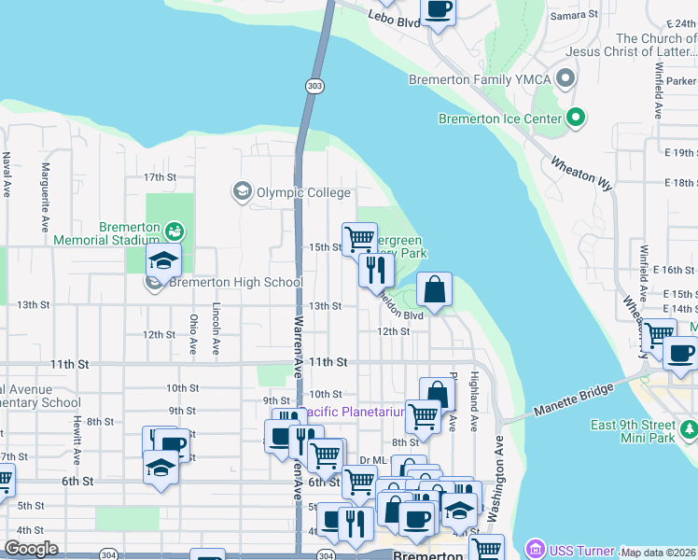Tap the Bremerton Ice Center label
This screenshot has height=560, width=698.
[x=500, y=119]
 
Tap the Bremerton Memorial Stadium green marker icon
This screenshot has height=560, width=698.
[x=174, y=231]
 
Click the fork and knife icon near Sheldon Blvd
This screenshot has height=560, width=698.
[x=376, y=270]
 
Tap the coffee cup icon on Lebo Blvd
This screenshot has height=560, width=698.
[x=438, y=9]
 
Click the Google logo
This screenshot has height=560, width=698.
[x=31, y=549]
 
